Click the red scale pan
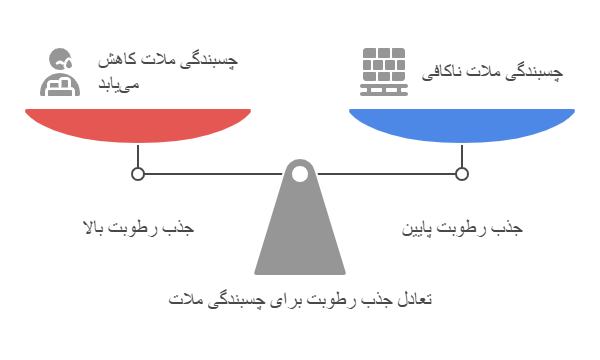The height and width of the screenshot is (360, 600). point(138,124)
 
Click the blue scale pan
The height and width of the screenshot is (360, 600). point(462,124)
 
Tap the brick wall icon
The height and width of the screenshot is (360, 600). point(384,72)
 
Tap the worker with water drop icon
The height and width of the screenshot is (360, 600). point(60,72)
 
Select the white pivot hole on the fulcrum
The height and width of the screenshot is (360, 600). point(300,174)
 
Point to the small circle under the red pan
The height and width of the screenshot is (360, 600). point(138,174)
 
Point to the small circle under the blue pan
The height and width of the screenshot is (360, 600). point(462,174)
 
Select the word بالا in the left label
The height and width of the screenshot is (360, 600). point(94,228)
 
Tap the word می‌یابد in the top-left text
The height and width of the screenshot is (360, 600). point(119,85)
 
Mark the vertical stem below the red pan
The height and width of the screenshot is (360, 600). point(138,155)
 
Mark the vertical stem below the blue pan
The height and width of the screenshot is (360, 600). point(462,155)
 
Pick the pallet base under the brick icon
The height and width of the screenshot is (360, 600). point(384,90)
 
